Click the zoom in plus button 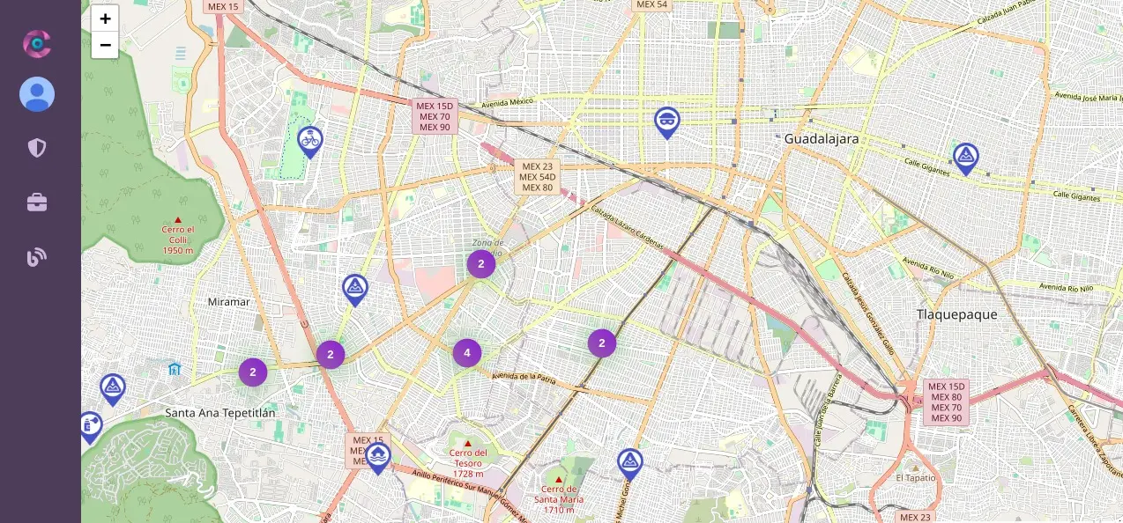[105, 18]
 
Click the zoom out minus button [105, 45]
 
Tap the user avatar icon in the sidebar [37, 94]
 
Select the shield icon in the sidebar [37, 147]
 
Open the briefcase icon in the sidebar [37, 203]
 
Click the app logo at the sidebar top [37, 43]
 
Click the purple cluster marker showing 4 [467, 353]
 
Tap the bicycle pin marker [309, 140]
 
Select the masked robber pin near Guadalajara [667, 121]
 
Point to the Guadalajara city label [821, 139]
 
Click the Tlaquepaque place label [956, 314]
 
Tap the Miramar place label [228, 302]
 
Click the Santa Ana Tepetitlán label [220, 413]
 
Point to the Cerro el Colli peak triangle [178, 220]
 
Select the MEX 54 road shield [651, 4]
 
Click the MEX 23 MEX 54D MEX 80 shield [537, 176]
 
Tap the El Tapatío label [916, 477]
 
